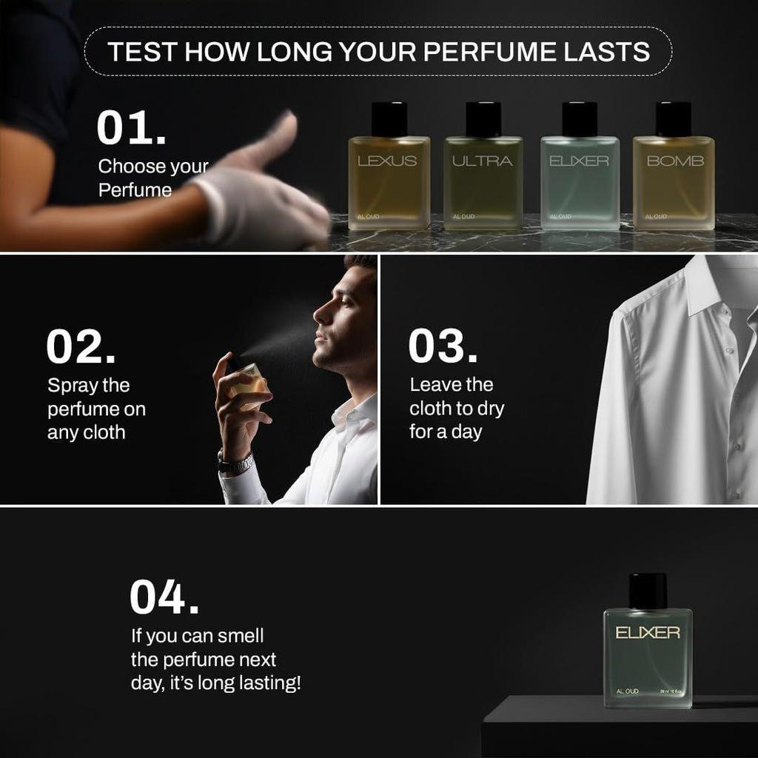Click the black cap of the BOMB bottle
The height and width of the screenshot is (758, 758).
[x=674, y=119]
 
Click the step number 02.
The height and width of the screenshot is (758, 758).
[x=81, y=347]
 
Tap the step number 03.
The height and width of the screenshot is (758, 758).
[x=443, y=346]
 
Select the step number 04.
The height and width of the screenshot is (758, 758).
[x=164, y=597]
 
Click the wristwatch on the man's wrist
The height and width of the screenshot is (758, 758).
[x=235, y=463]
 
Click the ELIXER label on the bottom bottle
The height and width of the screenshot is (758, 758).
[x=648, y=633]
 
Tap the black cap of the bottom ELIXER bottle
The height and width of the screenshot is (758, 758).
[x=648, y=591]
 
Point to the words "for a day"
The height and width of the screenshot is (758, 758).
[x=446, y=432]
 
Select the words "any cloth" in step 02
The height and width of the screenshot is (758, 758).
[x=86, y=433]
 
